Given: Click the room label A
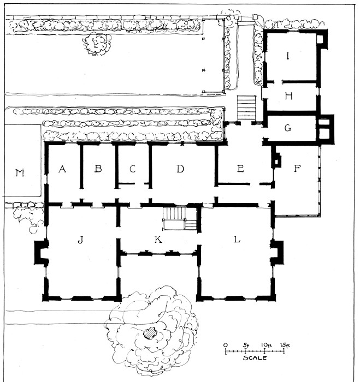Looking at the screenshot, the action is click(62, 169).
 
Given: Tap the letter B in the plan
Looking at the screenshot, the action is click(98, 169).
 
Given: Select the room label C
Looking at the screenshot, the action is click(132, 169).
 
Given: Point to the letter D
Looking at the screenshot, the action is click(180, 169).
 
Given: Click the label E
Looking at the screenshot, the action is click(240, 169).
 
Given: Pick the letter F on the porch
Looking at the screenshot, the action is click(297, 168).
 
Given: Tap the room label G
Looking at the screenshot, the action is click(288, 128).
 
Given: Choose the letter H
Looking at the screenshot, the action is click(288, 96).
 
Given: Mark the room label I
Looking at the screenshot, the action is click(288, 56).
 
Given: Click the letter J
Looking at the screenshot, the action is click(80, 240).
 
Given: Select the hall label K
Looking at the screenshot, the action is click(158, 240).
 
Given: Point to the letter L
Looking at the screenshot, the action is click(237, 240).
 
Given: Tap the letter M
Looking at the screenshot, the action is click(20, 173).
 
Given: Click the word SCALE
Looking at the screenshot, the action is click(255, 358).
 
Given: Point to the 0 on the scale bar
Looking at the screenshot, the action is click(226, 345).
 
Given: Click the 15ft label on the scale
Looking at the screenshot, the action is click(285, 345).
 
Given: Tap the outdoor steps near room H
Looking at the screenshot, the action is click(246, 108).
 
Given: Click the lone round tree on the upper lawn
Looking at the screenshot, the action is click(97, 43).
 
